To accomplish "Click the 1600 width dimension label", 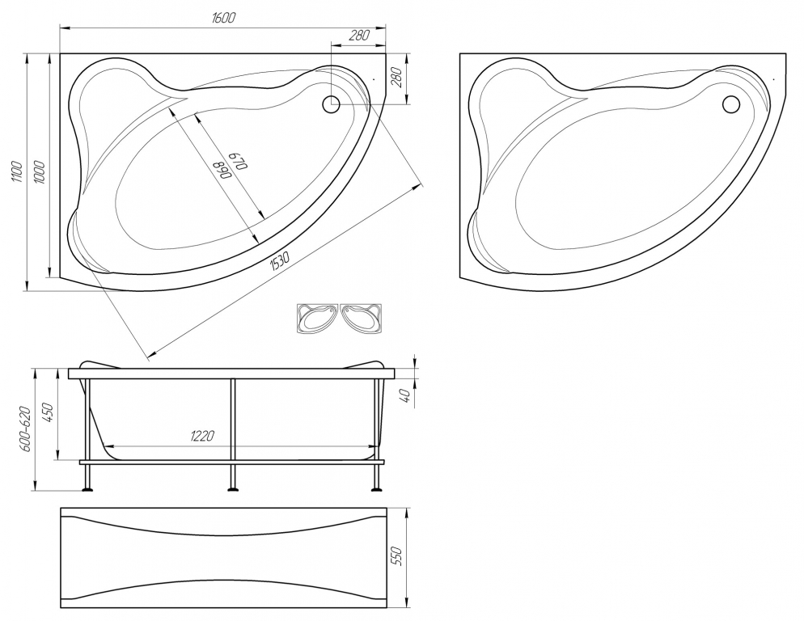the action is [223, 18].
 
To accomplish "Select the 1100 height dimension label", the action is [17, 172].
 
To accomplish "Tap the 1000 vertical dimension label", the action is [40, 172].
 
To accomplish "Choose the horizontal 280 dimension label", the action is [359, 36].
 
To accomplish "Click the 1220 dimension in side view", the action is [202, 436].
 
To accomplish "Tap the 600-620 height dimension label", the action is [26, 429].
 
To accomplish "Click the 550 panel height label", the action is [397, 556].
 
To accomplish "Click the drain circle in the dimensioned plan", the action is [331, 104].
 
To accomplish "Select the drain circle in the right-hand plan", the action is [730, 104].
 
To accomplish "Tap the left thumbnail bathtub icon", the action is [318, 319].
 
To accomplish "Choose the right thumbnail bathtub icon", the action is [361, 319].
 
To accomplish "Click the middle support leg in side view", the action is [233, 434].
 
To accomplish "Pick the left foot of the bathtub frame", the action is [88, 490].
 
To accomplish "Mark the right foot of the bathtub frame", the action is [377, 490].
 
